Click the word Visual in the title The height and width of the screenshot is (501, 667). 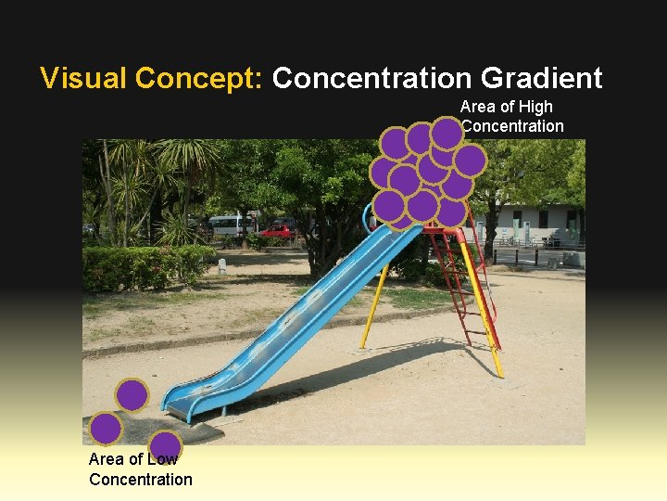(84, 78)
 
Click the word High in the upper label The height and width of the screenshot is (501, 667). (535, 107)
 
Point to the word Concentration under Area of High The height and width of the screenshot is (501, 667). (512, 126)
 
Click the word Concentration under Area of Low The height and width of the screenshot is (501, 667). (141, 480)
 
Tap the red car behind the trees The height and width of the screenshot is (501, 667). (275, 230)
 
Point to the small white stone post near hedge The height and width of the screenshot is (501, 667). (222, 265)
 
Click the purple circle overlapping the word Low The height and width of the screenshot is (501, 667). (166, 446)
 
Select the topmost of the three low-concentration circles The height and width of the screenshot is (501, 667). (132, 395)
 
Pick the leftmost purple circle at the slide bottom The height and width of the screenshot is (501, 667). (106, 429)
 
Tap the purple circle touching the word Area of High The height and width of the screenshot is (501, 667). (447, 134)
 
